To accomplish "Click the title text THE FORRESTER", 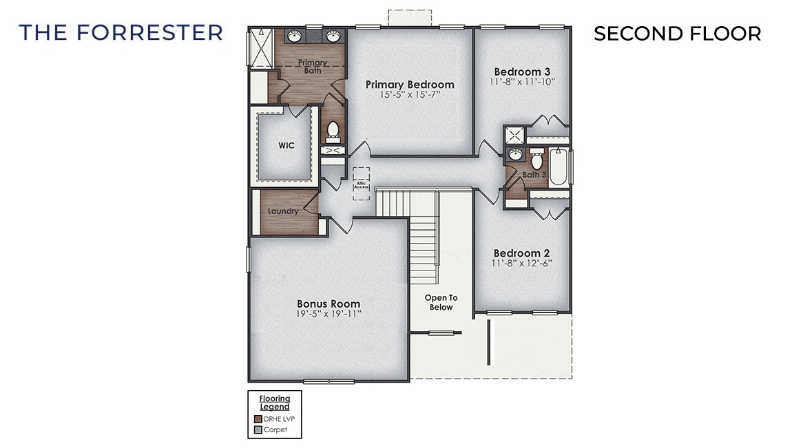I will tap(121, 32).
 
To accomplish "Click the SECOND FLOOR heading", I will tap(677, 33).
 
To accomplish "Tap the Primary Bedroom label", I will tap(410, 85).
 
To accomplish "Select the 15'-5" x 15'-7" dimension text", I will tap(410, 95).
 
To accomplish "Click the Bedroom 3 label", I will tap(522, 72).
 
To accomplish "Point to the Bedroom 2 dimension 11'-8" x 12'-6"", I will tap(522, 263).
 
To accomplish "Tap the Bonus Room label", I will tap(329, 303).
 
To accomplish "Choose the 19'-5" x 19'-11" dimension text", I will tap(329, 314).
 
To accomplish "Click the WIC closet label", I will tap(286, 146).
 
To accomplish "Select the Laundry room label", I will tap(283, 211).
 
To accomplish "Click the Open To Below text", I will tap(441, 302).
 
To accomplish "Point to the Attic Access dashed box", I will tap(362, 184).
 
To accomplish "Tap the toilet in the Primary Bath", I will tap(333, 129).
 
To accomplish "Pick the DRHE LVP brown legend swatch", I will tap(258, 418).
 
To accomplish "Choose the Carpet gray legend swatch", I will tap(258, 430).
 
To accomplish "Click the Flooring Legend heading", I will tap(274, 403).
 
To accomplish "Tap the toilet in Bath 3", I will tap(536, 161).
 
